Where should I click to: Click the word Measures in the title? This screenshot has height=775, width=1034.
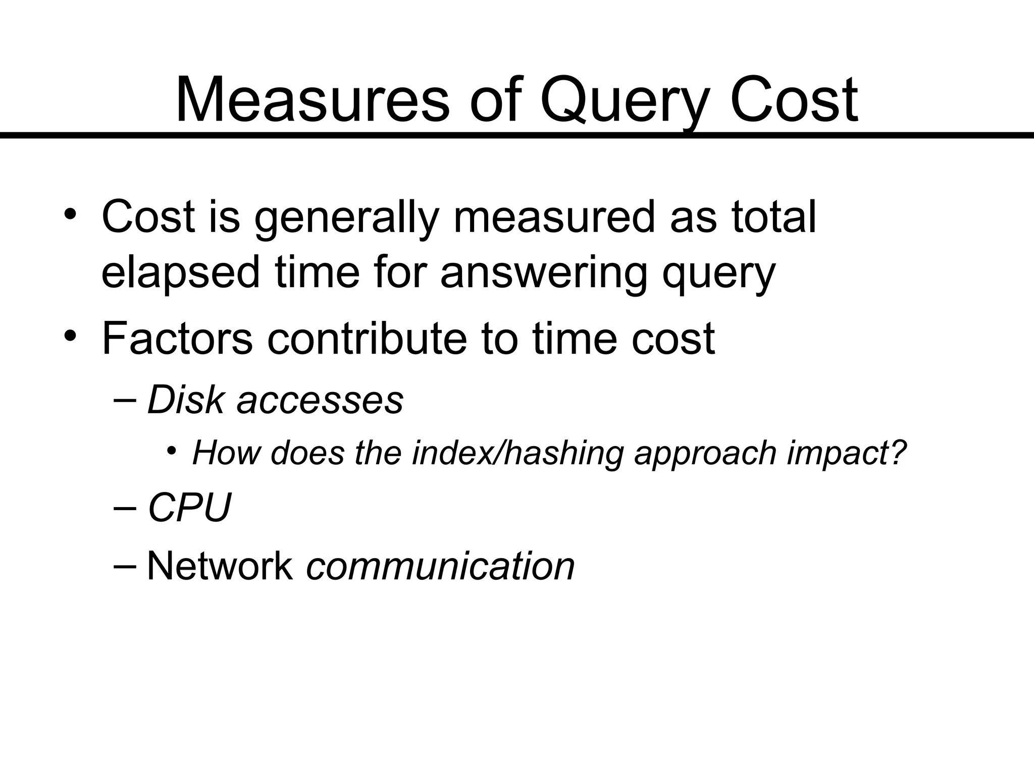click(x=312, y=99)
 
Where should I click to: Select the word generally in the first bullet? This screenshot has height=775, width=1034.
click(x=345, y=218)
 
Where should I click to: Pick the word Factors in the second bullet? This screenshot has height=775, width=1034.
click(x=177, y=339)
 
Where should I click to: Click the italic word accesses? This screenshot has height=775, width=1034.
click(x=320, y=400)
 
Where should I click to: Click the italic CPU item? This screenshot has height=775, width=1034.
click(x=189, y=508)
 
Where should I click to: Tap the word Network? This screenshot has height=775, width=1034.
click(x=220, y=566)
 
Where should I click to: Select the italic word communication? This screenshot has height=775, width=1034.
click(x=440, y=566)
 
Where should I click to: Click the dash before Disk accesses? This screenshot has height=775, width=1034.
click(x=125, y=400)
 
